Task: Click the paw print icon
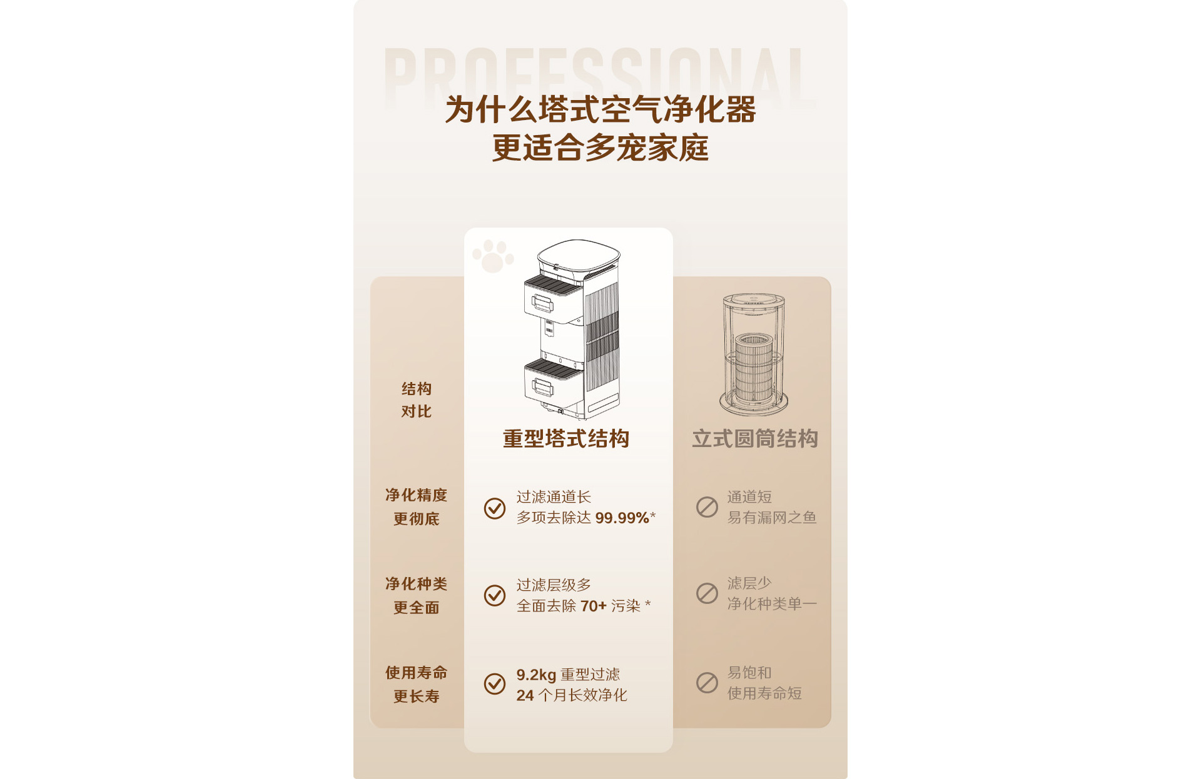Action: coord(493,256)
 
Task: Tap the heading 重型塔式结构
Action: coord(566,439)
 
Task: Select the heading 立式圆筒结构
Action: coord(755,439)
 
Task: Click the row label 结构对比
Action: coord(417,400)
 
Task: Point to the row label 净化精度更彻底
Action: coord(417,507)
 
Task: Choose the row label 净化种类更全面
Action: coord(417,596)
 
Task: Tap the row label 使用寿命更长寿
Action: coord(417,685)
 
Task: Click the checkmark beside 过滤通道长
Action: coord(495,508)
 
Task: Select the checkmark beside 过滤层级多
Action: coord(495,596)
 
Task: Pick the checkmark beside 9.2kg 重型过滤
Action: coord(495,684)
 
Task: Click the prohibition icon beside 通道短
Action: coord(707,507)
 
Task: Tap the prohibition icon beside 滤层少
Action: coord(707,593)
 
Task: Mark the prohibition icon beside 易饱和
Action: coord(707,683)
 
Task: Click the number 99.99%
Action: coord(622,518)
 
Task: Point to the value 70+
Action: coord(594,606)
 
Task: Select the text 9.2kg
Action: coord(536,675)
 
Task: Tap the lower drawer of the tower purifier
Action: coord(553,383)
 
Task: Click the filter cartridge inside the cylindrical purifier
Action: coord(754,368)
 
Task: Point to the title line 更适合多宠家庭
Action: coord(600,148)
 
